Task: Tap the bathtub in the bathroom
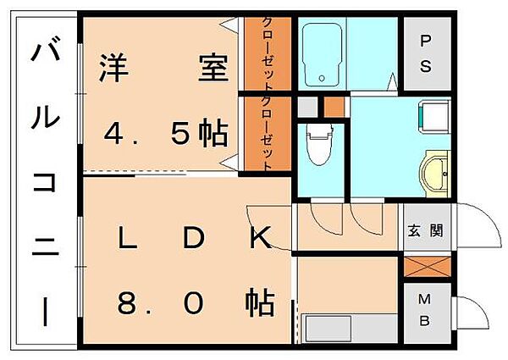(323, 55)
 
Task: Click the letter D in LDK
(194, 241)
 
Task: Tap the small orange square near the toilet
(334, 107)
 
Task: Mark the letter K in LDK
(259, 241)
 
